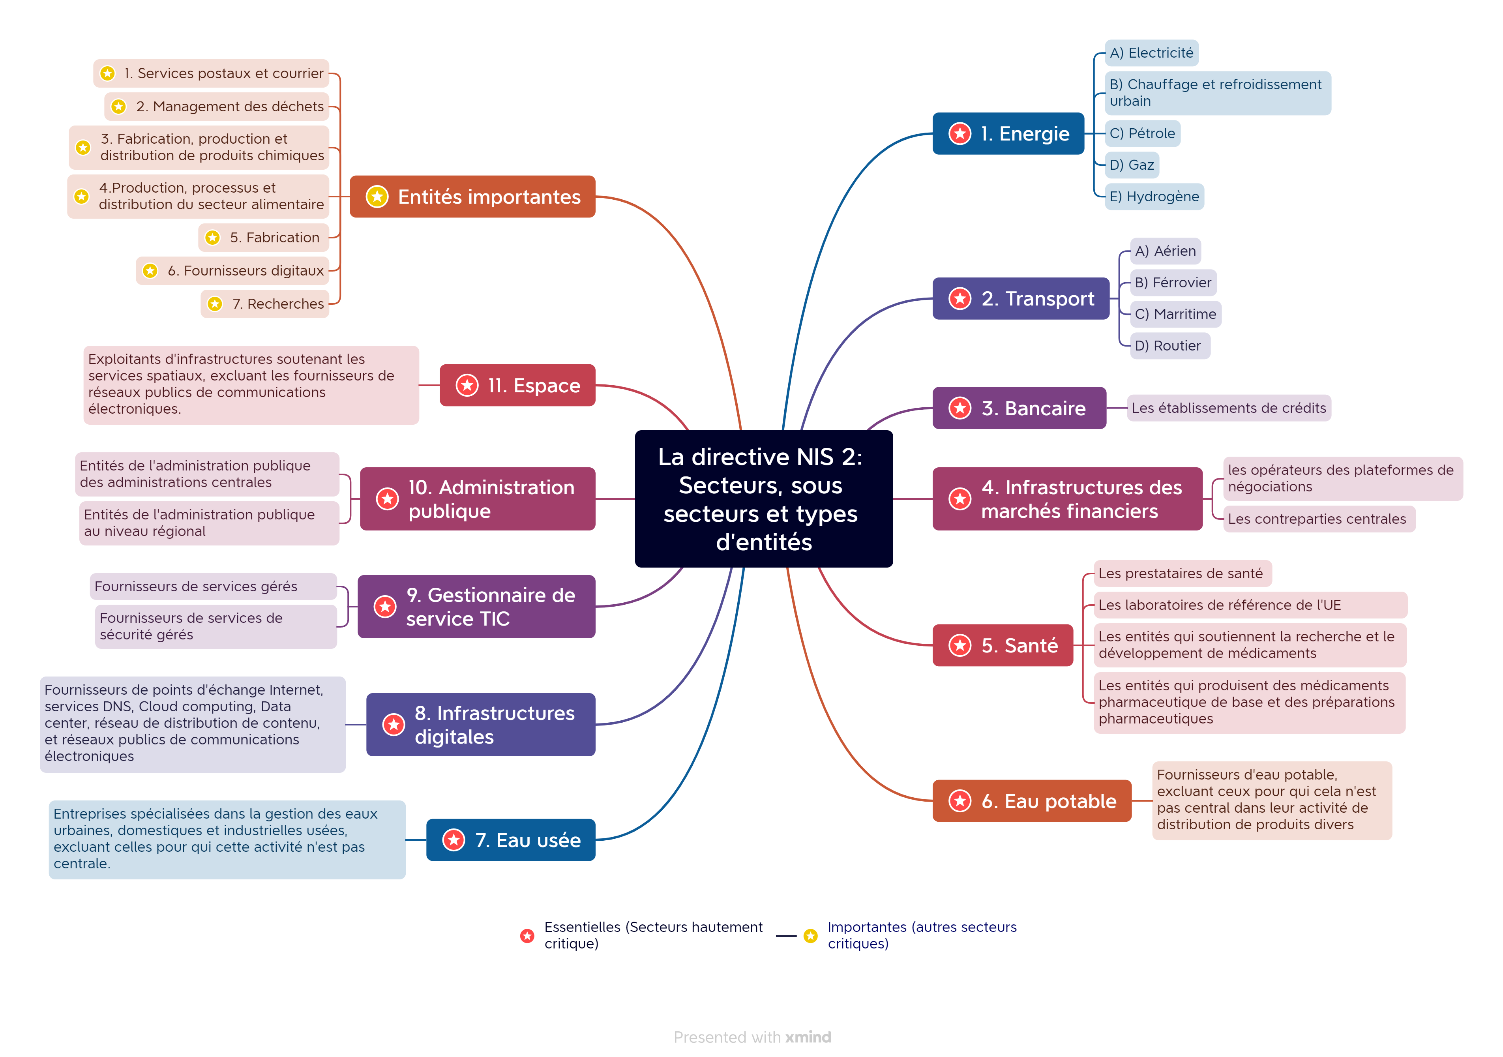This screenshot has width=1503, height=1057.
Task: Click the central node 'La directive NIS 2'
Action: pos(763,499)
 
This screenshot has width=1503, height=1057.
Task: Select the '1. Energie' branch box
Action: pos(1008,133)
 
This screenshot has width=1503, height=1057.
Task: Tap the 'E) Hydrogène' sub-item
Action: pos(1154,196)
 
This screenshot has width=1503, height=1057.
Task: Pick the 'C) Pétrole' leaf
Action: pos(1142,133)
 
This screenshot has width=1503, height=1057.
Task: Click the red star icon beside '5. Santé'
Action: pos(960,645)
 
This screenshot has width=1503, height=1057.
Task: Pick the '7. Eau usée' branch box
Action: pos(511,840)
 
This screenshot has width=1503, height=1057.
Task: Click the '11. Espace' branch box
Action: pos(517,386)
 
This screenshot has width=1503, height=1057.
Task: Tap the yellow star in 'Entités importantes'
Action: pos(377,196)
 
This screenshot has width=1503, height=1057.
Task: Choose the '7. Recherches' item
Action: pos(265,304)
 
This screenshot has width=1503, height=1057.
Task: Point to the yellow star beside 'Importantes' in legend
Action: pos(810,936)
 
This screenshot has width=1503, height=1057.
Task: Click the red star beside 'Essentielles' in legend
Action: pos(527,936)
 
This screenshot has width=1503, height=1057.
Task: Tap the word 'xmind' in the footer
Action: pos(808,1037)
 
